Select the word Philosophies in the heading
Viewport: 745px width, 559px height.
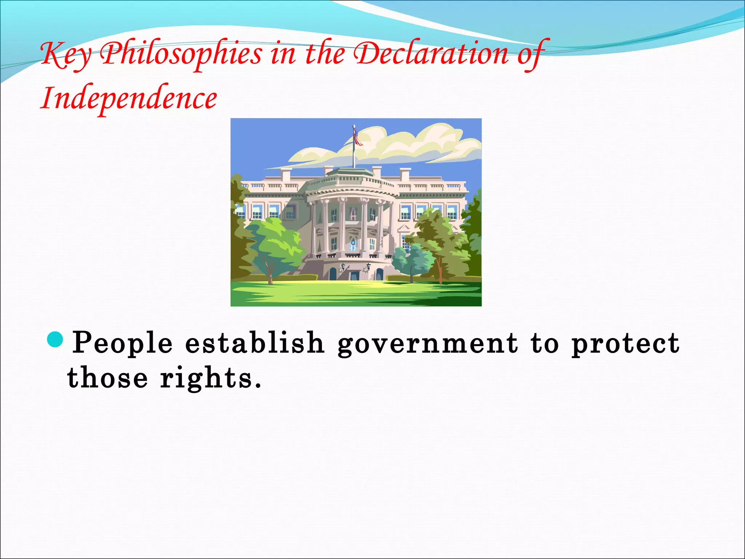181,55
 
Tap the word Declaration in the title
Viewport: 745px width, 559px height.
431,55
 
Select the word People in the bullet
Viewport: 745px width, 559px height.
122,343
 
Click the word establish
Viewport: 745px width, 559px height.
254,343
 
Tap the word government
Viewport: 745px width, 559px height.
427,343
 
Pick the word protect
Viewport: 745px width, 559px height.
625,343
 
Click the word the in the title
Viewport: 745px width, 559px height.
325,55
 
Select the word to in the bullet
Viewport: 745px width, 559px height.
544,343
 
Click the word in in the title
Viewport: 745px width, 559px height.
283,55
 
